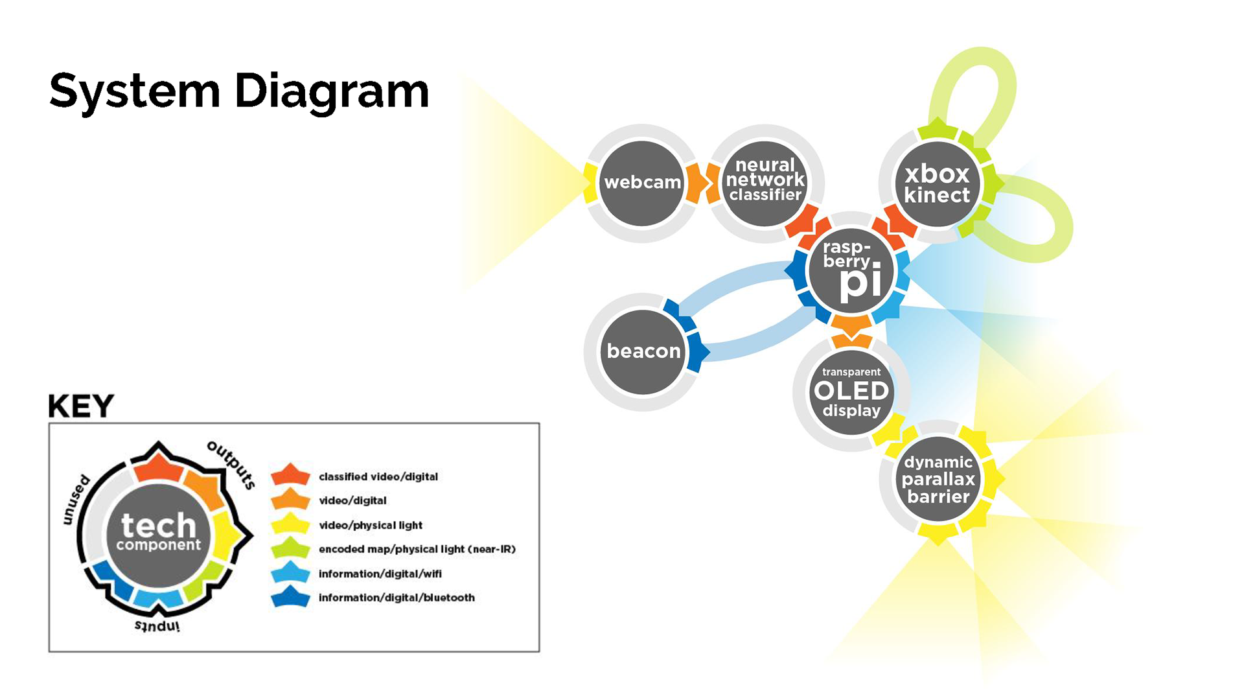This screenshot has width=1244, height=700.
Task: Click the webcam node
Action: (x=642, y=183)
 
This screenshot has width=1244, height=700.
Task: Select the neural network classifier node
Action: (x=765, y=181)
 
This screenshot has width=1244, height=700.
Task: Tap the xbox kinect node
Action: (x=937, y=185)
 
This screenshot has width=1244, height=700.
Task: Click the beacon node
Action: (x=643, y=351)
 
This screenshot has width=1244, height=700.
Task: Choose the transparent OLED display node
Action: (x=851, y=392)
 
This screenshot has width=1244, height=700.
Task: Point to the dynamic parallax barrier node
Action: (x=938, y=480)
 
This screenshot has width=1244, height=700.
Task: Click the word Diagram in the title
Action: (x=331, y=91)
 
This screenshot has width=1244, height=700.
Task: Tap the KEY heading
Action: (x=81, y=406)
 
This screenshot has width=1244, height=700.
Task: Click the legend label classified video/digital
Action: (x=378, y=477)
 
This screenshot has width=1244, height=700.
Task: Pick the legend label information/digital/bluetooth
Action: (x=397, y=598)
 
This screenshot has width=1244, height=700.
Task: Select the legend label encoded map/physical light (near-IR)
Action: (x=417, y=549)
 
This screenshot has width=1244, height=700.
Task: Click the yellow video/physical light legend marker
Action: (x=290, y=524)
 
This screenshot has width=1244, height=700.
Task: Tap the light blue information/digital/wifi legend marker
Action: (x=290, y=572)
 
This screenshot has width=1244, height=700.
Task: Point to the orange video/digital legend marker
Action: (x=290, y=499)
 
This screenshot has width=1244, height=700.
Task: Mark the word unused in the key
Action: (x=76, y=499)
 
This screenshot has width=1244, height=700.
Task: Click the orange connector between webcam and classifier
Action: (x=702, y=183)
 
